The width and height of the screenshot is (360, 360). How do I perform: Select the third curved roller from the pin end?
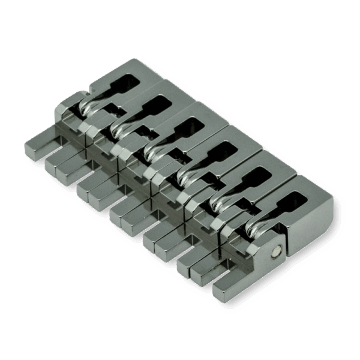pyautogui.click(x=186, y=174)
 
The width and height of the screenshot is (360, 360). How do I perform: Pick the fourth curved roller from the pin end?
pyautogui.click(x=152, y=150)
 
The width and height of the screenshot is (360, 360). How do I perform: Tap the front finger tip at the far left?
pyautogui.click(x=34, y=147)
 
